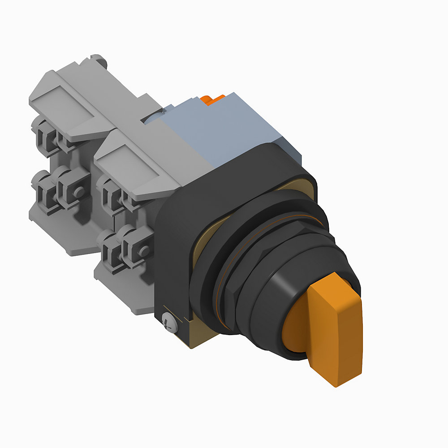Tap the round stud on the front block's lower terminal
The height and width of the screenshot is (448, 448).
(x=143, y=251)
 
